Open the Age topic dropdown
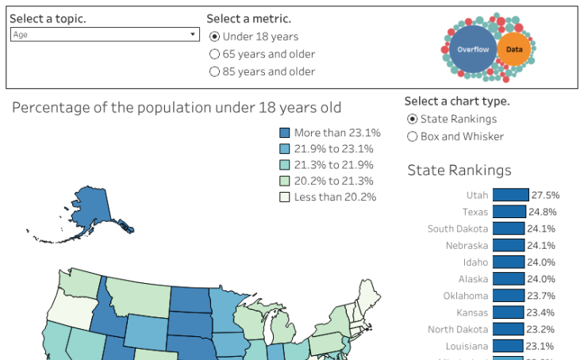[104, 35]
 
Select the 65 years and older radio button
[214, 54]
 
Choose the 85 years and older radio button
[214, 71]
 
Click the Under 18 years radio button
[214, 36]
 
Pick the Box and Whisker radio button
[412, 136]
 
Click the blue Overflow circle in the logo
[472, 49]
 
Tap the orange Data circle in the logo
[514, 49]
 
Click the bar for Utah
[510, 195]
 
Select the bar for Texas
[509, 212]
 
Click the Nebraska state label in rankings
[467, 246]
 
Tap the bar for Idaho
[508, 262]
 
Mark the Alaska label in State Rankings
[473, 279]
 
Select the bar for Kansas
[508, 312]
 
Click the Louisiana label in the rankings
[464, 347]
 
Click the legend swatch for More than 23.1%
[285, 133]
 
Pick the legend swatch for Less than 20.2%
[285, 197]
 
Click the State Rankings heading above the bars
[459, 170]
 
